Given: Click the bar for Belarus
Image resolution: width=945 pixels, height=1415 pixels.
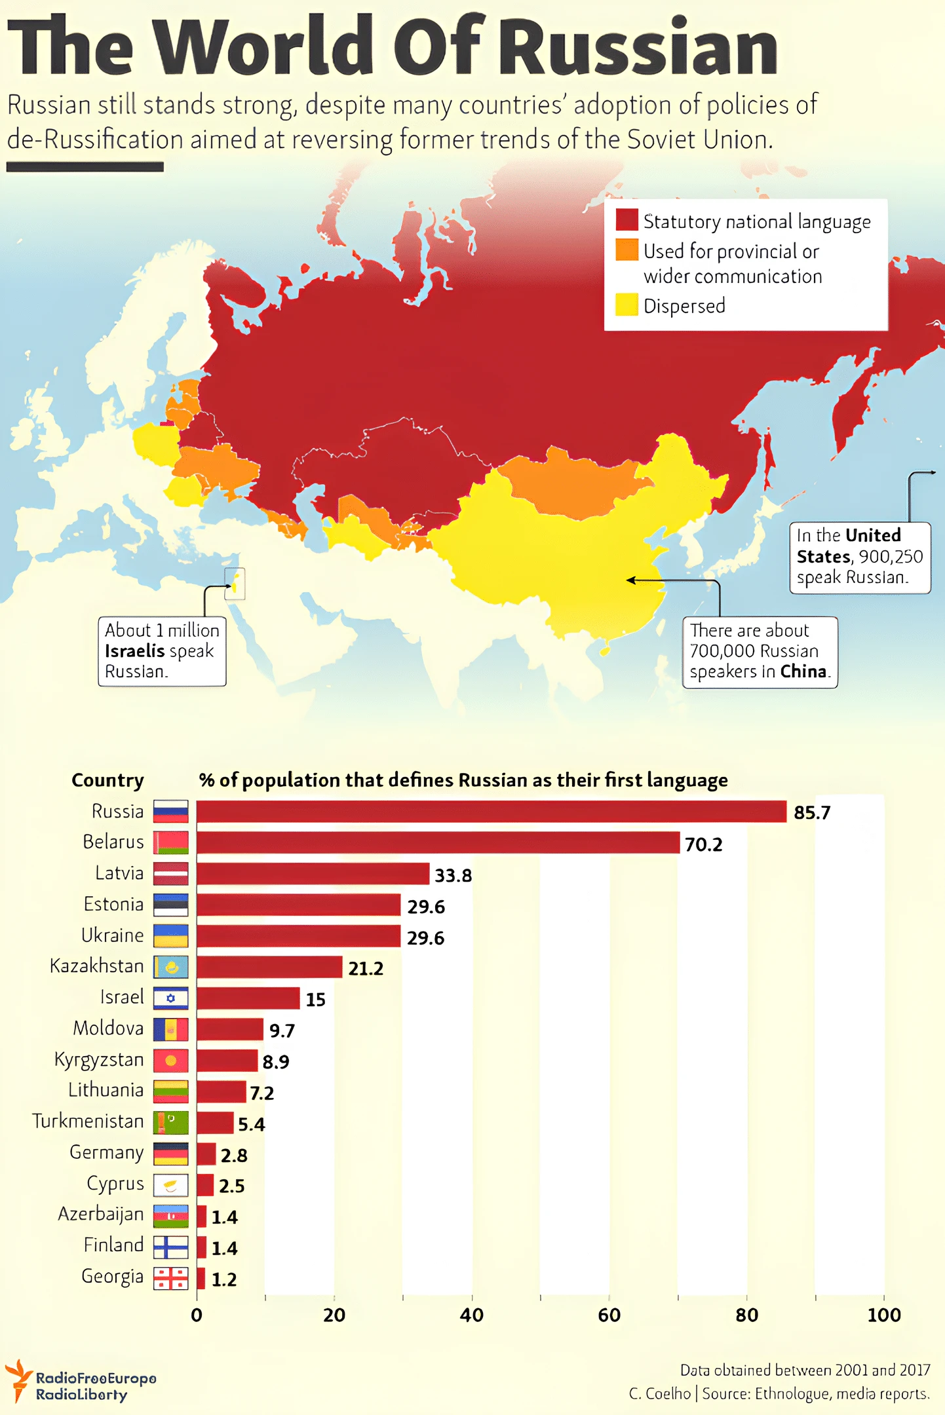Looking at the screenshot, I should coord(438,842).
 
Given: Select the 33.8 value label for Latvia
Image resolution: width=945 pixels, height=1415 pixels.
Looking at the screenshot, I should coord(453,875).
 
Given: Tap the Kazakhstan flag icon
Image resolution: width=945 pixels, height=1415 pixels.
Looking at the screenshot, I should coord(171,967).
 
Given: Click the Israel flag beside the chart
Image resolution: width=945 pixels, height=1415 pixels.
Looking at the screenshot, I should coord(171,998).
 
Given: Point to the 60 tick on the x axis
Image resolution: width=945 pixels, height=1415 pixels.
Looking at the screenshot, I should coord(609,1315).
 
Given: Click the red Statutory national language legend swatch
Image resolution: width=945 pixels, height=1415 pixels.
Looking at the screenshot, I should coord(627,220).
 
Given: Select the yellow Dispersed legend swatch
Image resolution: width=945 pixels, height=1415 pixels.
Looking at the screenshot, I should coord(627,305).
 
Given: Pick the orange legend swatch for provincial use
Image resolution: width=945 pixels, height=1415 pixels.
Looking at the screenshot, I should coord(627,250).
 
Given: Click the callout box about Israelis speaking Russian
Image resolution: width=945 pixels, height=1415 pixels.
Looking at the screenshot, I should coord(162,651).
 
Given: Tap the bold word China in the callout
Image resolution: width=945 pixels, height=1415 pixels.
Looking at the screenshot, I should coord(803,671).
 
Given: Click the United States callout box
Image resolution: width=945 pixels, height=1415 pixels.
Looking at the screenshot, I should coord(859,557).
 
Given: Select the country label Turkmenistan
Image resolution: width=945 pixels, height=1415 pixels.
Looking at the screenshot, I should coord(88,1121).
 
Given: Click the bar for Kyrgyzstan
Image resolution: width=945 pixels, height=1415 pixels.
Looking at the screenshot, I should coord(227,1060).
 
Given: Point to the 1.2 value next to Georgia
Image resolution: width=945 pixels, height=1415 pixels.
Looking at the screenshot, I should coord(223,1279).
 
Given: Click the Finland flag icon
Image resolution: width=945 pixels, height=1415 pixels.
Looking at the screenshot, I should coord(171,1247).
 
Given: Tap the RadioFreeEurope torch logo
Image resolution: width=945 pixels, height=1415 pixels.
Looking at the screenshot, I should coord(18,1380).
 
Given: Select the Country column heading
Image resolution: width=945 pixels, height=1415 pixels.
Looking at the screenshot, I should coord(107,780).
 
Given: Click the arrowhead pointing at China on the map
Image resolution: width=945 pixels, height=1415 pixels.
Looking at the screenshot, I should coord(630,580).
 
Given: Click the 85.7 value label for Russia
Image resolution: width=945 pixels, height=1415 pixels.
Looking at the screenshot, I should coord(811,812).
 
